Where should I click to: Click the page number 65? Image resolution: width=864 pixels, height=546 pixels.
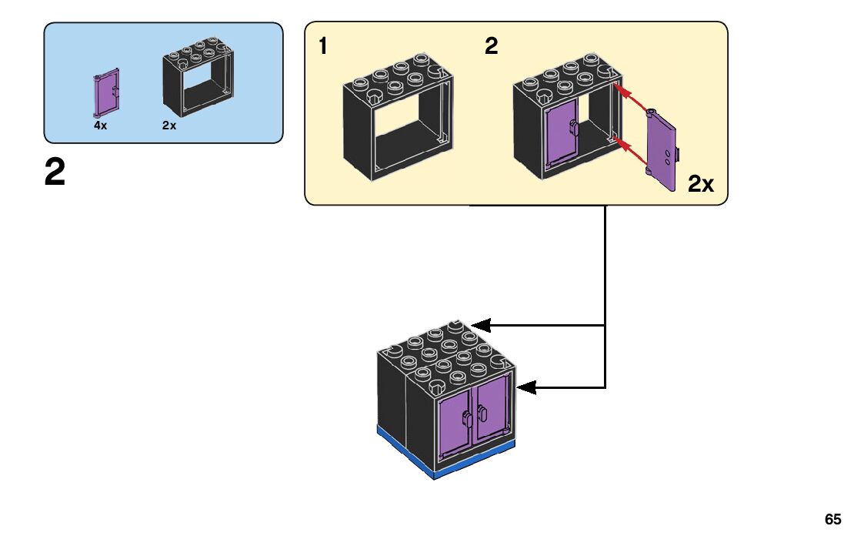[832, 519]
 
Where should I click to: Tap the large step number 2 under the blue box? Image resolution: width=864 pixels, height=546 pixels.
[55, 174]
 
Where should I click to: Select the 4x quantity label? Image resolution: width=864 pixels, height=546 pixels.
[100, 125]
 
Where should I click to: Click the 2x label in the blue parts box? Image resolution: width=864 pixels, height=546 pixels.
[169, 125]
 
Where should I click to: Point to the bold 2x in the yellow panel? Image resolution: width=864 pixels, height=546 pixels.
[700, 184]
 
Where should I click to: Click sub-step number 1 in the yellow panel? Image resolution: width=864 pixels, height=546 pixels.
[323, 47]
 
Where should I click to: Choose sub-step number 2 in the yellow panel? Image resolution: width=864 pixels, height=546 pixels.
[491, 47]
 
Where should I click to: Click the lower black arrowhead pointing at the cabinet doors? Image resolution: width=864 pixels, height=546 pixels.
[525, 387]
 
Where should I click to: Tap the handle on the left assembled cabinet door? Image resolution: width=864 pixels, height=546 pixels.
[467, 420]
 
